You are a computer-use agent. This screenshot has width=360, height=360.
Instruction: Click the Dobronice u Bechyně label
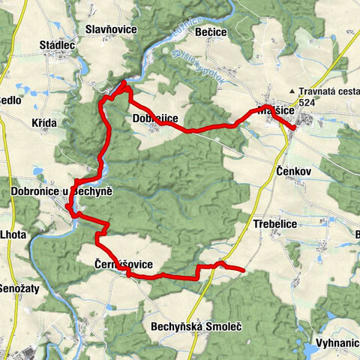pyautogui.click(x=61, y=192)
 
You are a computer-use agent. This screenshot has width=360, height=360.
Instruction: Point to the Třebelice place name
pyautogui.click(x=275, y=223)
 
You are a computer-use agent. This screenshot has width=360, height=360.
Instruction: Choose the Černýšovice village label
pyautogui.click(x=124, y=264)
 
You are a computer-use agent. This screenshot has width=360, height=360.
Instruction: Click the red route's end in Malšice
pyautogui.click(x=293, y=128)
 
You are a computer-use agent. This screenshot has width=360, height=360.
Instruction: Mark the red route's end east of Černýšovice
pyautogui.click(x=244, y=269)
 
